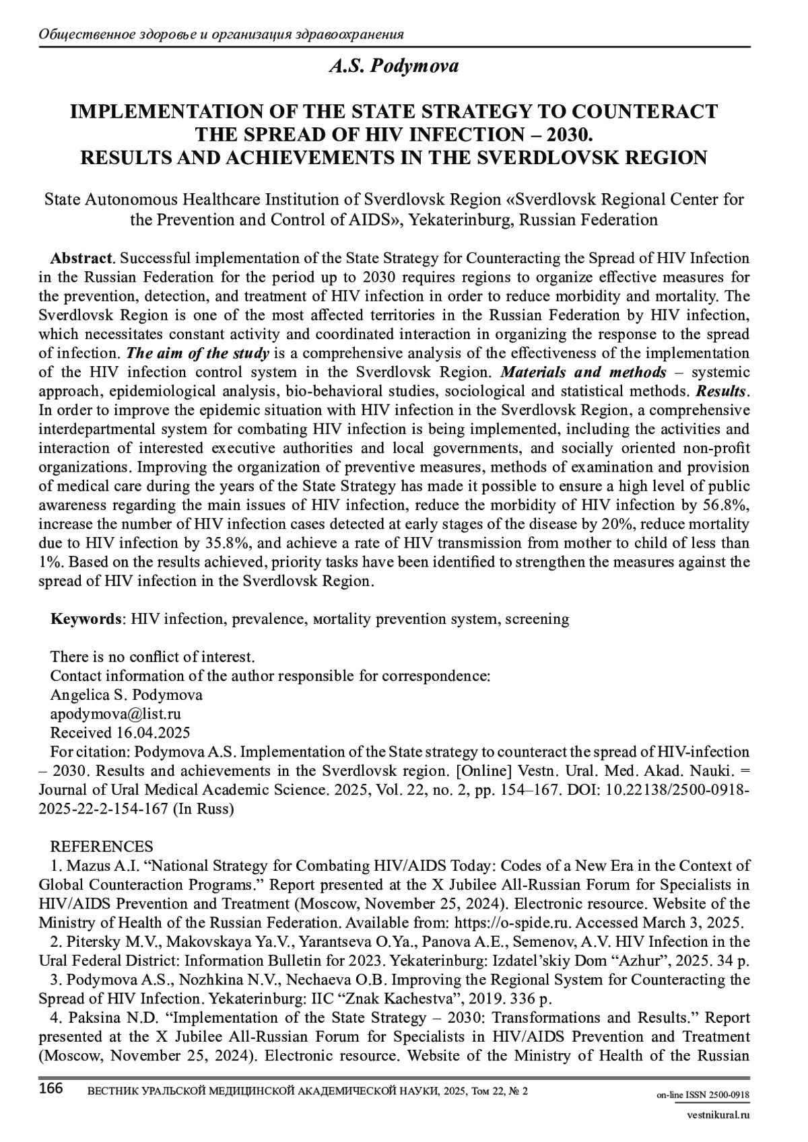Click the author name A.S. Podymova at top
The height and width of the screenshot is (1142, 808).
(x=394, y=66)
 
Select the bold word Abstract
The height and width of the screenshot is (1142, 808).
(x=81, y=258)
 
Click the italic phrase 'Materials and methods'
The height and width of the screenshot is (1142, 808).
(x=584, y=372)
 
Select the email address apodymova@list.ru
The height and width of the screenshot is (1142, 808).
(x=116, y=714)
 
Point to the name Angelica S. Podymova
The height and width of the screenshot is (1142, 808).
(x=127, y=695)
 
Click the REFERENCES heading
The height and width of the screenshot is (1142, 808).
(x=102, y=847)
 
